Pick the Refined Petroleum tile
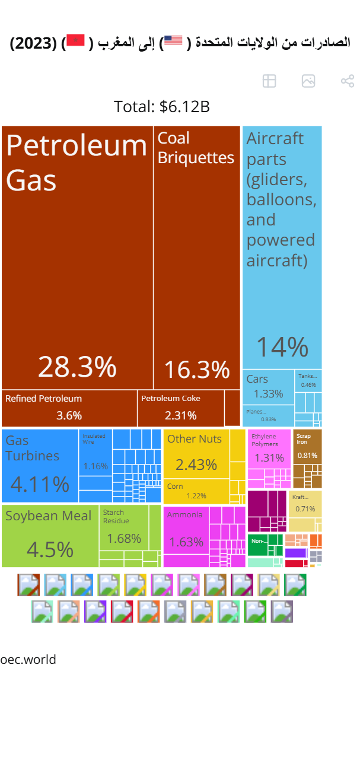pyautogui.click(x=69, y=408)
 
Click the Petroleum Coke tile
pyautogui.click(x=180, y=408)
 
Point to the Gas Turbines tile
pyautogui.click(x=40, y=466)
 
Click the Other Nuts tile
pyautogui.click(x=196, y=454)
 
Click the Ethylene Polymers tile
pyautogui.click(x=269, y=449)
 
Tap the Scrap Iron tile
pyautogui.click(x=307, y=447)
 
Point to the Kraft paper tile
pyautogui.click(x=305, y=503)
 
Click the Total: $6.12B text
pyautogui.click(x=162, y=107)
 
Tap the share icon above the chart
pyautogui.click(x=347, y=81)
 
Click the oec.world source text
pyautogui.click(x=28, y=660)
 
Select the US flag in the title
pyautogui.click(x=173, y=40)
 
